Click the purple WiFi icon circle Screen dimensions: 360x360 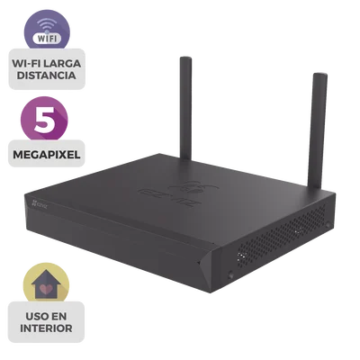click(47, 29)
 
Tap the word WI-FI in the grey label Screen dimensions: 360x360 click(25, 64)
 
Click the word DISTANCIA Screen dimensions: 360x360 click(47, 76)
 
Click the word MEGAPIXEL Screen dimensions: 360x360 click(47, 155)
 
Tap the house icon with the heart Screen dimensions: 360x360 click(46, 284)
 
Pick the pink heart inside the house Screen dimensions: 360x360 click(46, 289)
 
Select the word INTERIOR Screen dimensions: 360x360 click(46, 328)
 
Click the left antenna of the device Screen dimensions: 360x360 click(185, 109)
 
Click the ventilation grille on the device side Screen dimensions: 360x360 click(282, 236)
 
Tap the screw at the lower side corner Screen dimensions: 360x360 click(230, 274)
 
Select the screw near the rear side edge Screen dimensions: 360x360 click(328, 224)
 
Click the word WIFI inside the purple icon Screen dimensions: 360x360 click(48, 39)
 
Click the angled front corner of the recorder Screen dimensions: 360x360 click(210, 268)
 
